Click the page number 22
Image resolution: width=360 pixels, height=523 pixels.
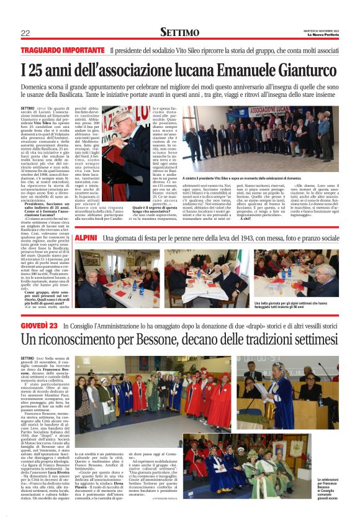[x=25, y=33]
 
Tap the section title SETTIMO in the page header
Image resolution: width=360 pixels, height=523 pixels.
[x=180, y=32]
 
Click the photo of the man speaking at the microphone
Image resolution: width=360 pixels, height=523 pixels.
[x=145, y=134]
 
